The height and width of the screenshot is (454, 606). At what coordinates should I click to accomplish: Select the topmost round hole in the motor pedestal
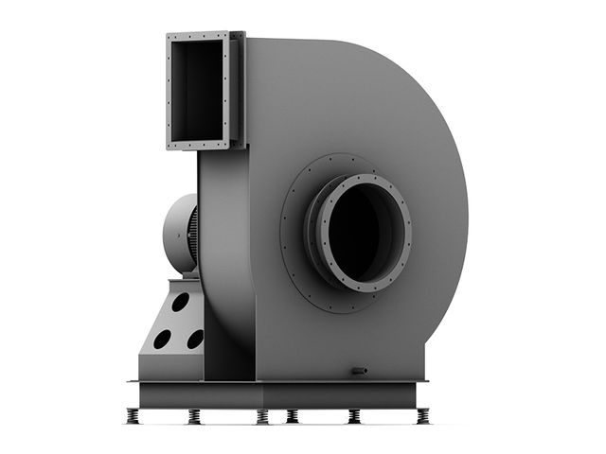tap(180, 303)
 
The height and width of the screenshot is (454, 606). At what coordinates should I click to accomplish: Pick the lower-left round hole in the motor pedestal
tap(162, 338)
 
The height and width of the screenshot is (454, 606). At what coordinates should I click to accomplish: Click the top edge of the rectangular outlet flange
tap(199, 37)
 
